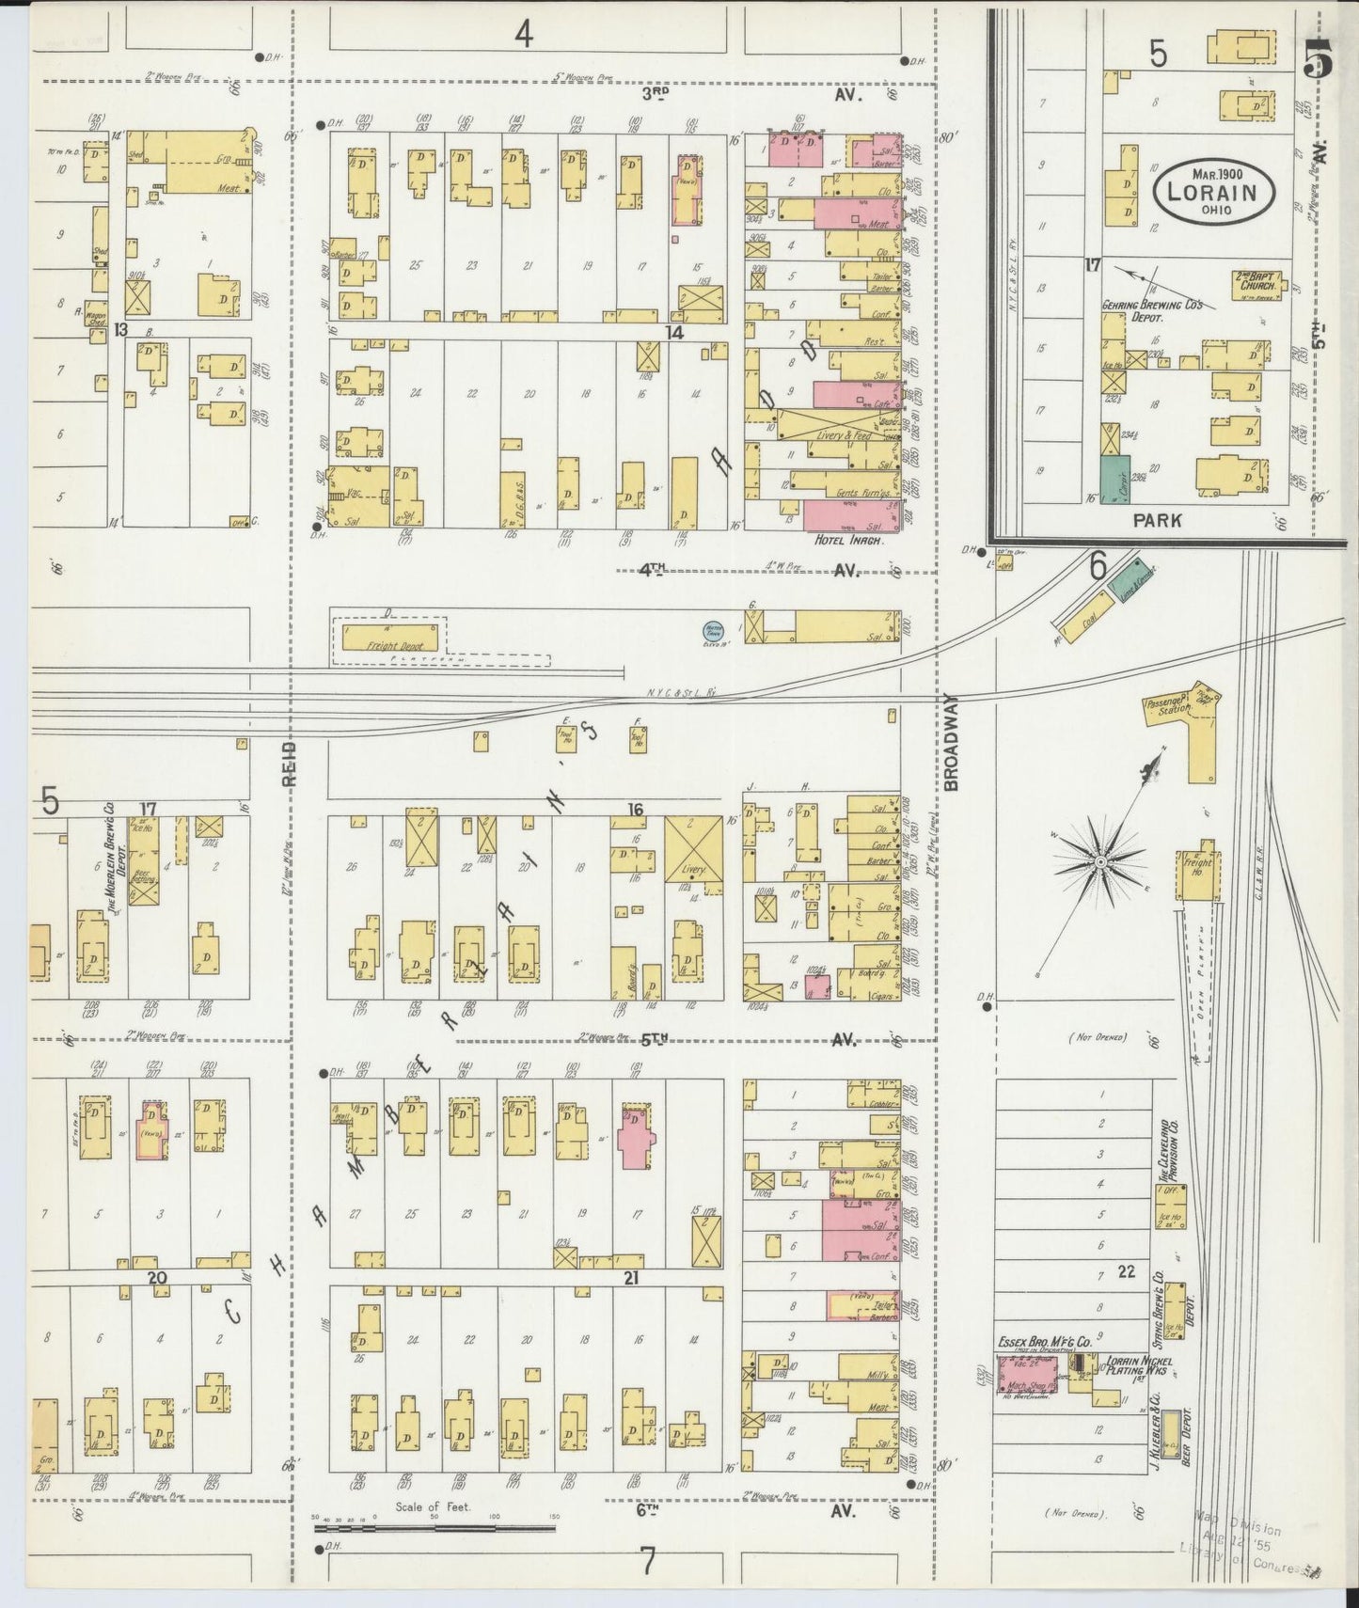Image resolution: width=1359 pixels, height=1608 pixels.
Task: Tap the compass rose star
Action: click(x=1100, y=860)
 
